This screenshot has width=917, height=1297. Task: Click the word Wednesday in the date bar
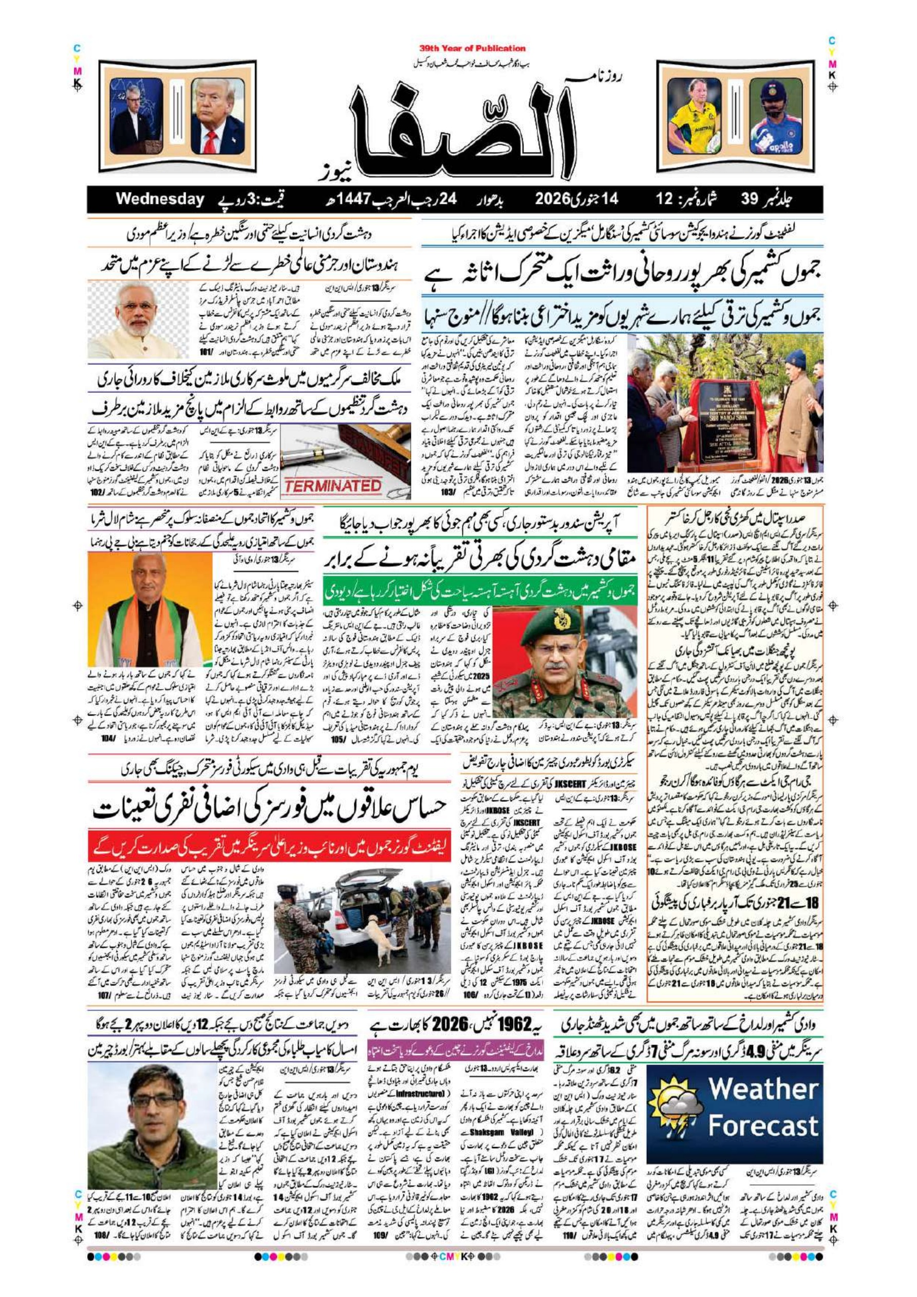[x=159, y=199]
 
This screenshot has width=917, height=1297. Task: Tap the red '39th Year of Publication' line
[x=473, y=49]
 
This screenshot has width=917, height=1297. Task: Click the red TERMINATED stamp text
[x=333, y=485]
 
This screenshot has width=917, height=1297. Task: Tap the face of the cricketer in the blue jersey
[x=772, y=102]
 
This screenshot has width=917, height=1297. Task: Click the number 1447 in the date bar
[x=354, y=199]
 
